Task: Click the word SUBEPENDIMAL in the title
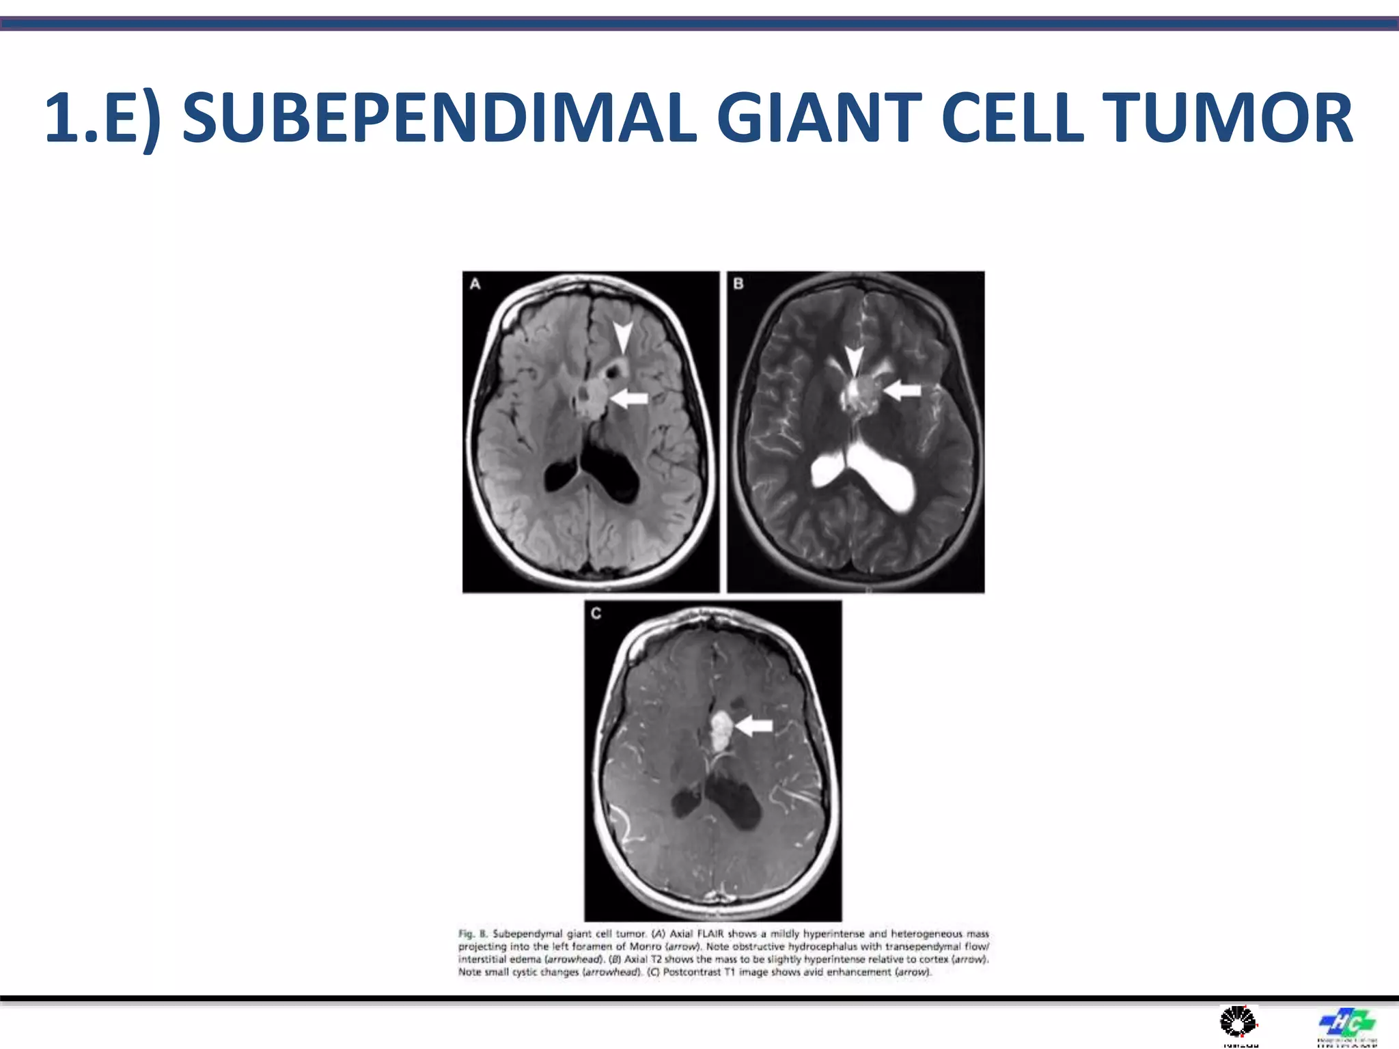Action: pyautogui.click(x=439, y=119)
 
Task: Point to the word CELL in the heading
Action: pyautogui.click(x=1012, y=119)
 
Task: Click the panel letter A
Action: pyautogui.click(x=475, y=284)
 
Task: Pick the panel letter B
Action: pyautogui.click(x=738, y=283)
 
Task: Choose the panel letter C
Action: pyautogui.click(x=596, y=613)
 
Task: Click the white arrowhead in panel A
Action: pyautogui.click(x=622, y=337)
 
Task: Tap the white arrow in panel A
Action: pyautogui.click(x=629, y=398)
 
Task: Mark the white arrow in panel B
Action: pyautogui.click(x=902, y=390)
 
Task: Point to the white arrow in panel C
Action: pyautogui.click(x=754, y=726)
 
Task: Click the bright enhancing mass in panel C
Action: pyautogui.click(x=720, y=731)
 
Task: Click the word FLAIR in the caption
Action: pyautogui.click(x=710, y=934)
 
